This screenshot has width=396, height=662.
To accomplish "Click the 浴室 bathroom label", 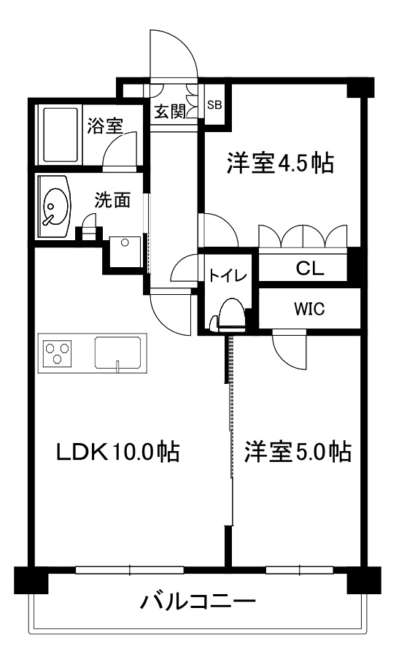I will [x=104, y=126].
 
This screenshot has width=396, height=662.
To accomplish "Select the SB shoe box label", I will [x=214, y=104].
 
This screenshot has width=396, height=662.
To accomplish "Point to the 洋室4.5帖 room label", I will [x=279, y=163].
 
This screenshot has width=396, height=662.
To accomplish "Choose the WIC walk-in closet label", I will [x=309, y=308].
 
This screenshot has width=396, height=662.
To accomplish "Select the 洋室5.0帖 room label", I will [x=298, y=452].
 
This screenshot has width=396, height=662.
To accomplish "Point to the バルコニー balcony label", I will [x=198, y=603].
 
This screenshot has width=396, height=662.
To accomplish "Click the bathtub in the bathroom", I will [x=61, y=136].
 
